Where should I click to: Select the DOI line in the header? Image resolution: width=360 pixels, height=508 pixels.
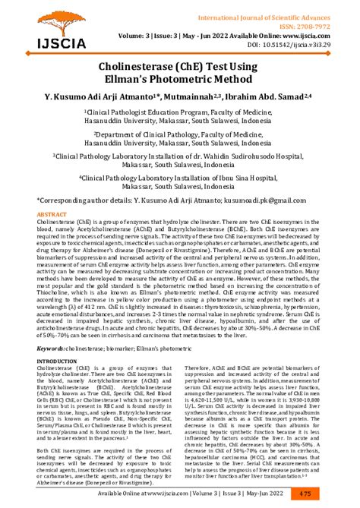(301, 46)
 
